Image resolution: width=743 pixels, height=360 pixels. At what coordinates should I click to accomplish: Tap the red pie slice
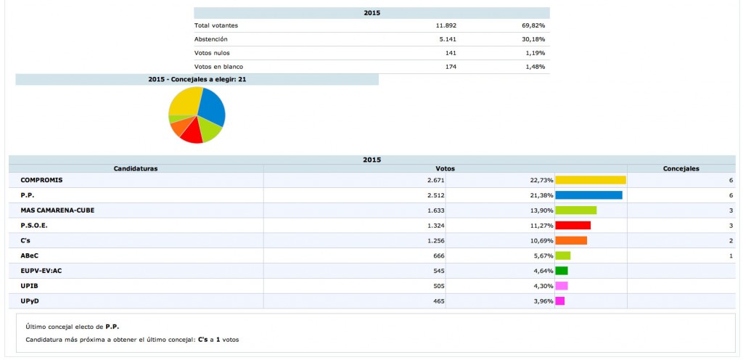192,133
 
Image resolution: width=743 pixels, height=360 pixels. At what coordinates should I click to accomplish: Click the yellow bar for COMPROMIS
590,180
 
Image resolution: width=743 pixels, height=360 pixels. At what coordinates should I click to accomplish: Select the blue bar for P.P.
588,195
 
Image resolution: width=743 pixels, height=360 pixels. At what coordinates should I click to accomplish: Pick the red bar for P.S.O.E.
572,226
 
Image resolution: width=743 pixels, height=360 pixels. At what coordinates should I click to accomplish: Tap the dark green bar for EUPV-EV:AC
561,271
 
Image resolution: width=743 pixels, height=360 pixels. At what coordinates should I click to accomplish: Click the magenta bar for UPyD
559,301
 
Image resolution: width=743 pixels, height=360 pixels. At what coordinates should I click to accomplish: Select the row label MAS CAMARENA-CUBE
57,210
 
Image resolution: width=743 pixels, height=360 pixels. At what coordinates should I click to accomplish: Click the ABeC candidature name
30,255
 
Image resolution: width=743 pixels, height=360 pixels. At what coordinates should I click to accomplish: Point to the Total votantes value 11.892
445,25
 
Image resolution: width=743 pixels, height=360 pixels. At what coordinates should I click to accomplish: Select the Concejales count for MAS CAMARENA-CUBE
731,210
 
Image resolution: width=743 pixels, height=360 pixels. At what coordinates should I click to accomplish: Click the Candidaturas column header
136,168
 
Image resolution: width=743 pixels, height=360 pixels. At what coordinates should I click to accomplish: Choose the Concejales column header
681,168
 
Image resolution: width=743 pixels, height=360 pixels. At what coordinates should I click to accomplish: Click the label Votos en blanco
218,67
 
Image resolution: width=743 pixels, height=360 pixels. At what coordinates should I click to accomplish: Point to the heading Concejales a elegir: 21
197,79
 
